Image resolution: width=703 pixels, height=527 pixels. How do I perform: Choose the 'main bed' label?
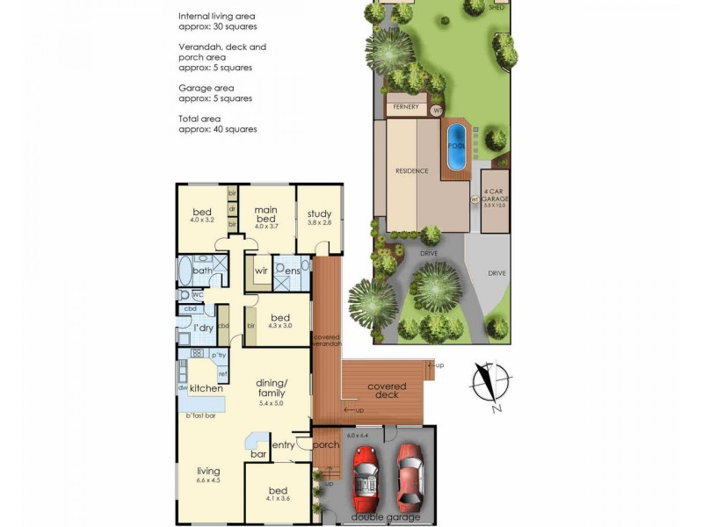[266, 213]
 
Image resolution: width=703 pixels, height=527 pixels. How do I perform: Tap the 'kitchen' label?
[205, 387]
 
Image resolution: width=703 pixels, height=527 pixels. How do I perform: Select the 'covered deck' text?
[387, 390]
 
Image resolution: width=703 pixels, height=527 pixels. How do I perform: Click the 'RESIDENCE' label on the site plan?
[411, 170]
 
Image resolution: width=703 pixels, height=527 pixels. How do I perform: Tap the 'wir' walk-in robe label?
[261, 271]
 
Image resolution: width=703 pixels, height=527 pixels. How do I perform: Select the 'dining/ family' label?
[273, 387]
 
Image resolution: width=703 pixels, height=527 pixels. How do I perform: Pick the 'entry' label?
[283, 445]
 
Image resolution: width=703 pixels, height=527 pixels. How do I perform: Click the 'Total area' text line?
[199, 118]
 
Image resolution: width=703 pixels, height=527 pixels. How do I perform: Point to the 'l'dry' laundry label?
[203, 328]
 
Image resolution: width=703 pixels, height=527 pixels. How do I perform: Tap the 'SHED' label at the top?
[497, 7]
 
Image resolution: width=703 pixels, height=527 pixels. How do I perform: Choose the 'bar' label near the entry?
[258, 454]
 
